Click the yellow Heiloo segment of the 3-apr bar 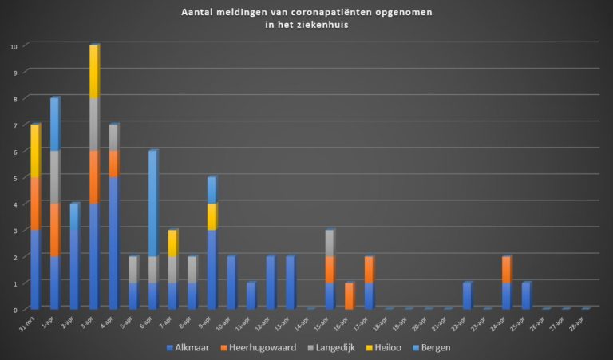93,72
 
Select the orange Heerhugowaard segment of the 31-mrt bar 35,204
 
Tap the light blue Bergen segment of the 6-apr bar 152,204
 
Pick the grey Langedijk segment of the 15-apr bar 329,243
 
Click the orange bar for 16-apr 349,295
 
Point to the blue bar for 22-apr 467,295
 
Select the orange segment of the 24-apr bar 506,270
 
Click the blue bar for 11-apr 251,295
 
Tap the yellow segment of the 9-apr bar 212,217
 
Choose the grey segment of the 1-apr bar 54,177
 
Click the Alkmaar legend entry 188,348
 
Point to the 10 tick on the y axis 14,46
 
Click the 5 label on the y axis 14,177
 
